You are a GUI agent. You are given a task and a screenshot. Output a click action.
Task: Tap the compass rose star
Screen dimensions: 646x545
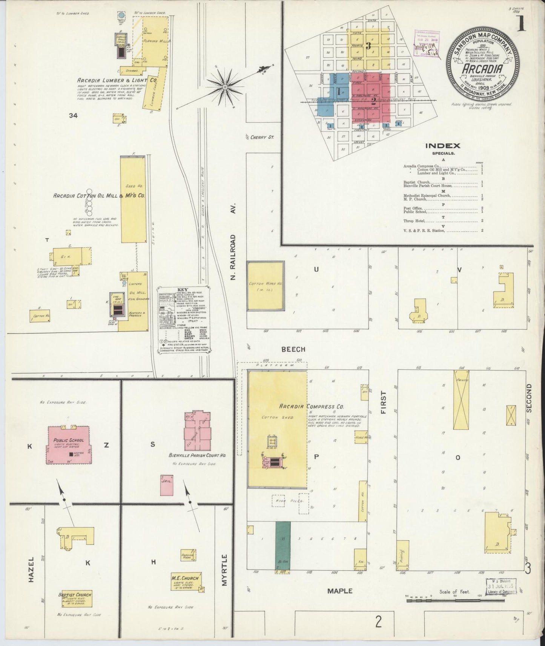point(225,87)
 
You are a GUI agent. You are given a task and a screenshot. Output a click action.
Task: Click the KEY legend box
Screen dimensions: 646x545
point(184,319)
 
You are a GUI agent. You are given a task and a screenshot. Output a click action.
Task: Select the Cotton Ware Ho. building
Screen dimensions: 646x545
point(265,286)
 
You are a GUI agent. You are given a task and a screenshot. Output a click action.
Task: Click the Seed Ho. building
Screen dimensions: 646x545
point(133,199)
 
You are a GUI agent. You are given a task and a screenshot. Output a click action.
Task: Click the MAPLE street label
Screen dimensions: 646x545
point(339,591)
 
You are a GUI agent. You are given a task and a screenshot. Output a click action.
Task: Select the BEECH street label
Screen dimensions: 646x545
point(293,349)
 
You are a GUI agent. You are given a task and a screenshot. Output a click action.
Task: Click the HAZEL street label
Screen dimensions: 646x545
point(32,569)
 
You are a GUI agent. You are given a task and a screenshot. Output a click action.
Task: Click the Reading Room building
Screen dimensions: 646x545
point(187,557)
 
